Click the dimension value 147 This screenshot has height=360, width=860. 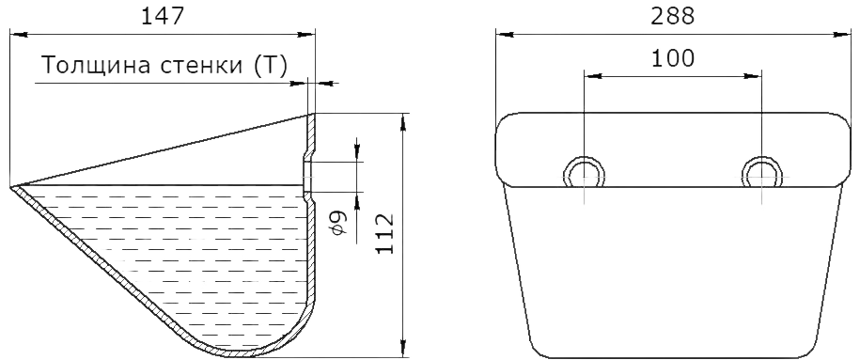click(163, 17)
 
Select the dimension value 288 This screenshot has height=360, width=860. click(672, 17)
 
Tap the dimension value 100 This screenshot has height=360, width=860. click(672, 57)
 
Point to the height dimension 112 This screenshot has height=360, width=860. click(386, 233)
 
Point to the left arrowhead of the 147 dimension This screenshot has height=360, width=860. click(19, 35)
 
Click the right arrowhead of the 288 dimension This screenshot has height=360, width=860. click(842, 35)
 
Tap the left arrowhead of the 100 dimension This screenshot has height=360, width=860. click(593, 77)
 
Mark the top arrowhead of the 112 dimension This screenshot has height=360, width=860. click(404, 122)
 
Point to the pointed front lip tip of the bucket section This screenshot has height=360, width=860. click(11, 188)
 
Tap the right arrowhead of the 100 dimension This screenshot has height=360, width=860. click(753, 77)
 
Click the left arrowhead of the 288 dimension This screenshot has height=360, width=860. click(505, 35)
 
